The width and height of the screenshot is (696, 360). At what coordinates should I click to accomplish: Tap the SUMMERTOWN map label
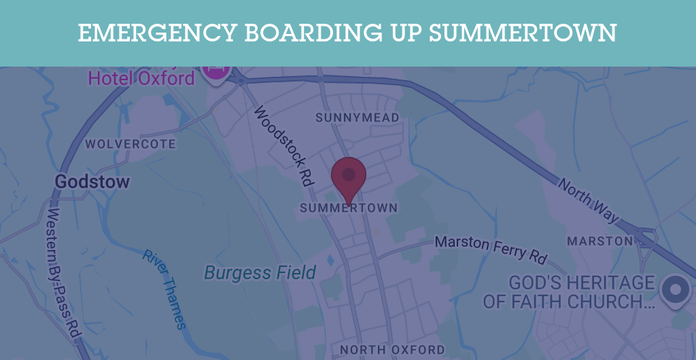coord(349,208)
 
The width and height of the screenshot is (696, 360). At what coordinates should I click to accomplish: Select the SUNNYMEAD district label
coord(358,118)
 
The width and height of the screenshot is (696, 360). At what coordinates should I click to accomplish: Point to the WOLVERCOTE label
coord(130,144)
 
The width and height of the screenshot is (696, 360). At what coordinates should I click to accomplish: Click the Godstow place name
coord(92,182)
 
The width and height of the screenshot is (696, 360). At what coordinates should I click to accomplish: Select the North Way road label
coord(589,200)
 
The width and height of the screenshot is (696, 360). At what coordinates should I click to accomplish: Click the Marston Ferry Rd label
coord(491,248)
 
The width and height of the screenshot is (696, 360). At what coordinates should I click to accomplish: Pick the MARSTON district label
coord(599,241)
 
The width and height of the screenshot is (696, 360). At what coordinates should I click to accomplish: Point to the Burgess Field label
coord(260,273)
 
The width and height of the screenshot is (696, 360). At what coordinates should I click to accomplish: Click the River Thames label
coord(164,289)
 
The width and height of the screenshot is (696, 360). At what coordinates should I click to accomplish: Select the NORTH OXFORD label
coord(392,350)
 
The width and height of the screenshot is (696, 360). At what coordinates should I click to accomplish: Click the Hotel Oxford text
coord(141,78)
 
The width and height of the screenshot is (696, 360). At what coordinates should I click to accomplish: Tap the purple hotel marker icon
coord(216,71)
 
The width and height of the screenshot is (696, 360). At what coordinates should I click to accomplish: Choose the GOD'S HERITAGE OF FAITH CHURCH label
coord(569,292)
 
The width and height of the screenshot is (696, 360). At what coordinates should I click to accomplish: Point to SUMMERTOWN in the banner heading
coord(523,33)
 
